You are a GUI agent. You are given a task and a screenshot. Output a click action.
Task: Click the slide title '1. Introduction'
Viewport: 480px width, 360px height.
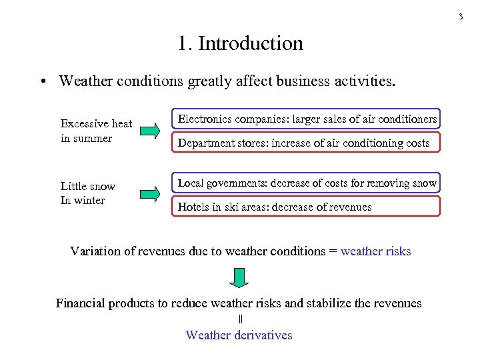240,44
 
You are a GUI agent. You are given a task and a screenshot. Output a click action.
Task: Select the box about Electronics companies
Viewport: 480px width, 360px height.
307,119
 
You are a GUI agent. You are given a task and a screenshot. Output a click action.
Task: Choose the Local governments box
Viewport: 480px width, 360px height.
307,183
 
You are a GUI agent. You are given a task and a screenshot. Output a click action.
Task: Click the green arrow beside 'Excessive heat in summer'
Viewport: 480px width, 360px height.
151,131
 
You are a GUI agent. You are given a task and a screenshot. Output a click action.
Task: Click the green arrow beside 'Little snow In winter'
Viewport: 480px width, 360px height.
151,194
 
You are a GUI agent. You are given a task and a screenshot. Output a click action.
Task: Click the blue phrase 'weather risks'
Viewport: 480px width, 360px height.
375,251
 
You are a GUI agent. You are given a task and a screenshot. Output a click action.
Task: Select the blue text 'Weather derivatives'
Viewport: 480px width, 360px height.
239,335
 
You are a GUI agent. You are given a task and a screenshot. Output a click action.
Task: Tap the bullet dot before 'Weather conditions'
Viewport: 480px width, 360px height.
41,82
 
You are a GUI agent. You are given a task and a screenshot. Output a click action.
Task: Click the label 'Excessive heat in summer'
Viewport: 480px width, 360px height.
96,131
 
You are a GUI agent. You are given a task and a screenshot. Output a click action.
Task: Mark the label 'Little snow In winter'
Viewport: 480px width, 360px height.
87,193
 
